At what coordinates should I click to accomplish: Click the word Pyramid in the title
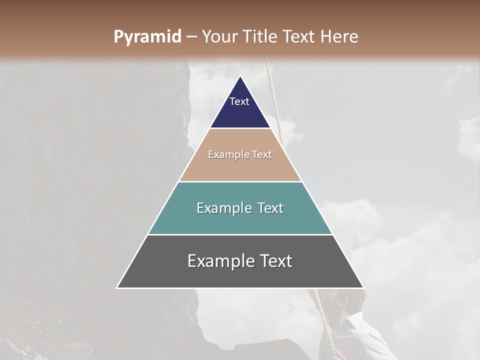click(147, 37)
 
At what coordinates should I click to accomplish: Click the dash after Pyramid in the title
click(191, 37)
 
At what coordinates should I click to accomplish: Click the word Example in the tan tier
click(225, 155)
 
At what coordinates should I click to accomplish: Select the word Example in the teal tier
click(220, 208)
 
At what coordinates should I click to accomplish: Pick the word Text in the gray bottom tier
click(276, 261)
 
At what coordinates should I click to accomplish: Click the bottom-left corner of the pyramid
click(117, 287)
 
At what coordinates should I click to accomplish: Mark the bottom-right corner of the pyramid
click(363, 287)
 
